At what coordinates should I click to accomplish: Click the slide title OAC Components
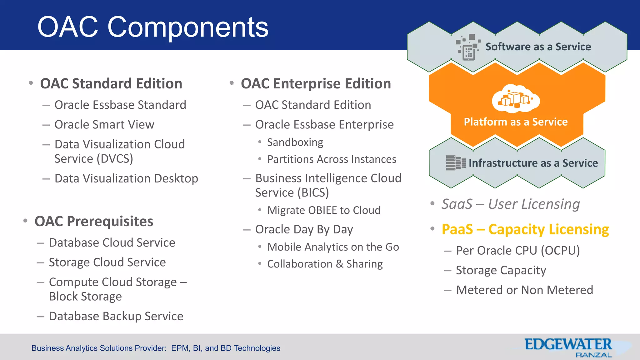152,27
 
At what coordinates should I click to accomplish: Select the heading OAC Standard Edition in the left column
111,84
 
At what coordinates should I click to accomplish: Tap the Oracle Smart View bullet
104,125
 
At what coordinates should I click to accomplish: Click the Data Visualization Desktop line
126,178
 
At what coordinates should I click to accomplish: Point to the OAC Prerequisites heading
94,221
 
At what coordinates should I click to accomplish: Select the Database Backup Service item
116,316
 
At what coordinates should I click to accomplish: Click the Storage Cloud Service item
107,262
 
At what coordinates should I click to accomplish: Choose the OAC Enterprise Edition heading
316,84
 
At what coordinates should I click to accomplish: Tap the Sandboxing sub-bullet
295,142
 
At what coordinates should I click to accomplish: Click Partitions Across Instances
332,159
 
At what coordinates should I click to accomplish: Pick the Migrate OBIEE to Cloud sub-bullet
324,210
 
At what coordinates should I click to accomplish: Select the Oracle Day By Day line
304,229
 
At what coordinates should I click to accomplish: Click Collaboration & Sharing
325,264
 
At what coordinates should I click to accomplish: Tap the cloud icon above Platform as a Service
516,99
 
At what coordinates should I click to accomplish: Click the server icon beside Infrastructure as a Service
455,163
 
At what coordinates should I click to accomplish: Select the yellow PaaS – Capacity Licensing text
525,229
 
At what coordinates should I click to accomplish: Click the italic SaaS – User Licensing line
510,204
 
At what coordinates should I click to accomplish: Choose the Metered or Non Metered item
524,290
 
